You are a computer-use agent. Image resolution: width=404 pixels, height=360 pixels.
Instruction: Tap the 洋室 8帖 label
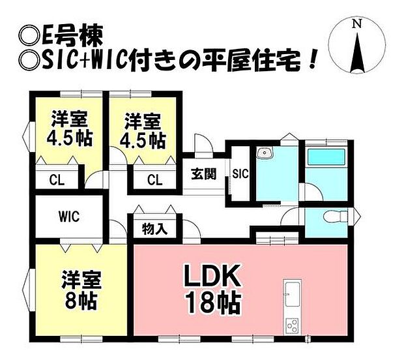pyautogui.click(x=80, y=290)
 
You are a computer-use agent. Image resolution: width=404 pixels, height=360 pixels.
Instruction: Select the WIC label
pyautogui.click(x=69, y=217)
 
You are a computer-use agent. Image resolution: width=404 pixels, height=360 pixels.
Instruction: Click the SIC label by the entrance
pyautogui.click(x=240, y=173)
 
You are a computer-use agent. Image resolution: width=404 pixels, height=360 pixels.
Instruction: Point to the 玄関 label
pyautogui.click(x=204, y=174)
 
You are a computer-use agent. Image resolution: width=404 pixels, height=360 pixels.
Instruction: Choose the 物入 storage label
pyautogui.click(x=154, y=228)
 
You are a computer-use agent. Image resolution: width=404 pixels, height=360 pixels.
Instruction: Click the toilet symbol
pyautogui.click(x=335, y=215)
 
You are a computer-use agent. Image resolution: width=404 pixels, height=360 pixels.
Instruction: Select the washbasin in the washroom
pyautogui.click(x=265, y=153)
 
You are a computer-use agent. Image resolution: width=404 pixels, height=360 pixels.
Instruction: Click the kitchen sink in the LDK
pyautogui.click(x=293, y=294)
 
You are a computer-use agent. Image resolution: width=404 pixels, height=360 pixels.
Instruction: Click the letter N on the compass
pyautogui.click(x=357, y=24)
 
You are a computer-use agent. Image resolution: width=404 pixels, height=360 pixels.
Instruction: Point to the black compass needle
pyautogui.click(x=357, y=53)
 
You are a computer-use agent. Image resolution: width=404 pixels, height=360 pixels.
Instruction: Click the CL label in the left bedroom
pyautogui.click(x=57, y=180)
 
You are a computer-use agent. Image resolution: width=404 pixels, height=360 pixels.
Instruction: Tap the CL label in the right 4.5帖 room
pyautogui.click(x=155, y=180)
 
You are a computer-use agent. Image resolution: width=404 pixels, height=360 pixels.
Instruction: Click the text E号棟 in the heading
pyautogui.click(x=70, y=36)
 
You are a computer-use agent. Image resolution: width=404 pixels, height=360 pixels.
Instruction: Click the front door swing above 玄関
pyautogui.click(x=204, y=143)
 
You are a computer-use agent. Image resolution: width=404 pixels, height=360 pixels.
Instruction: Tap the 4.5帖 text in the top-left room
pyautogui.click(x=70, y=140)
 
